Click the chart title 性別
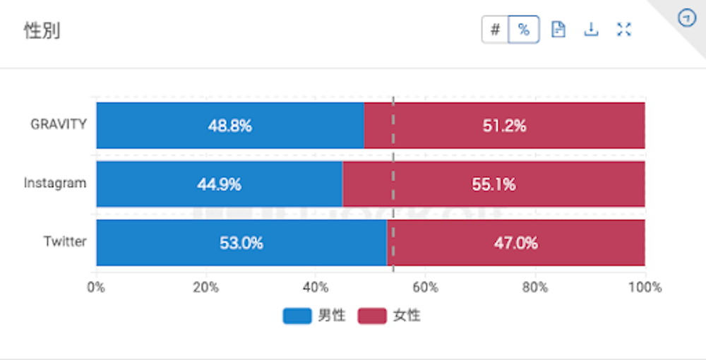pos(41,31)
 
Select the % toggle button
pos(523,30)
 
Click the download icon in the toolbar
pos(591,30)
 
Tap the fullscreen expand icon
pos(623,30)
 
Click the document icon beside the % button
pos(558,30)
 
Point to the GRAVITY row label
pos(59,125)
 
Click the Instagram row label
pos(55,184)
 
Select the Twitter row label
pos(65,241)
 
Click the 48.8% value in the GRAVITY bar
pos(229,126)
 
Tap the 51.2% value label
pos(504,126)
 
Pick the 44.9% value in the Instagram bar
pos(219,185)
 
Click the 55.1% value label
pos(493,185)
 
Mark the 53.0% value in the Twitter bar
pos(241,244)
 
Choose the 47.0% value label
pos(515,244)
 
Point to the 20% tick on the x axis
pos(205,287)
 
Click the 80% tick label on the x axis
pos(535,287)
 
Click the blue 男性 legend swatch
pos(297,316)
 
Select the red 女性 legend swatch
pos(372,316)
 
